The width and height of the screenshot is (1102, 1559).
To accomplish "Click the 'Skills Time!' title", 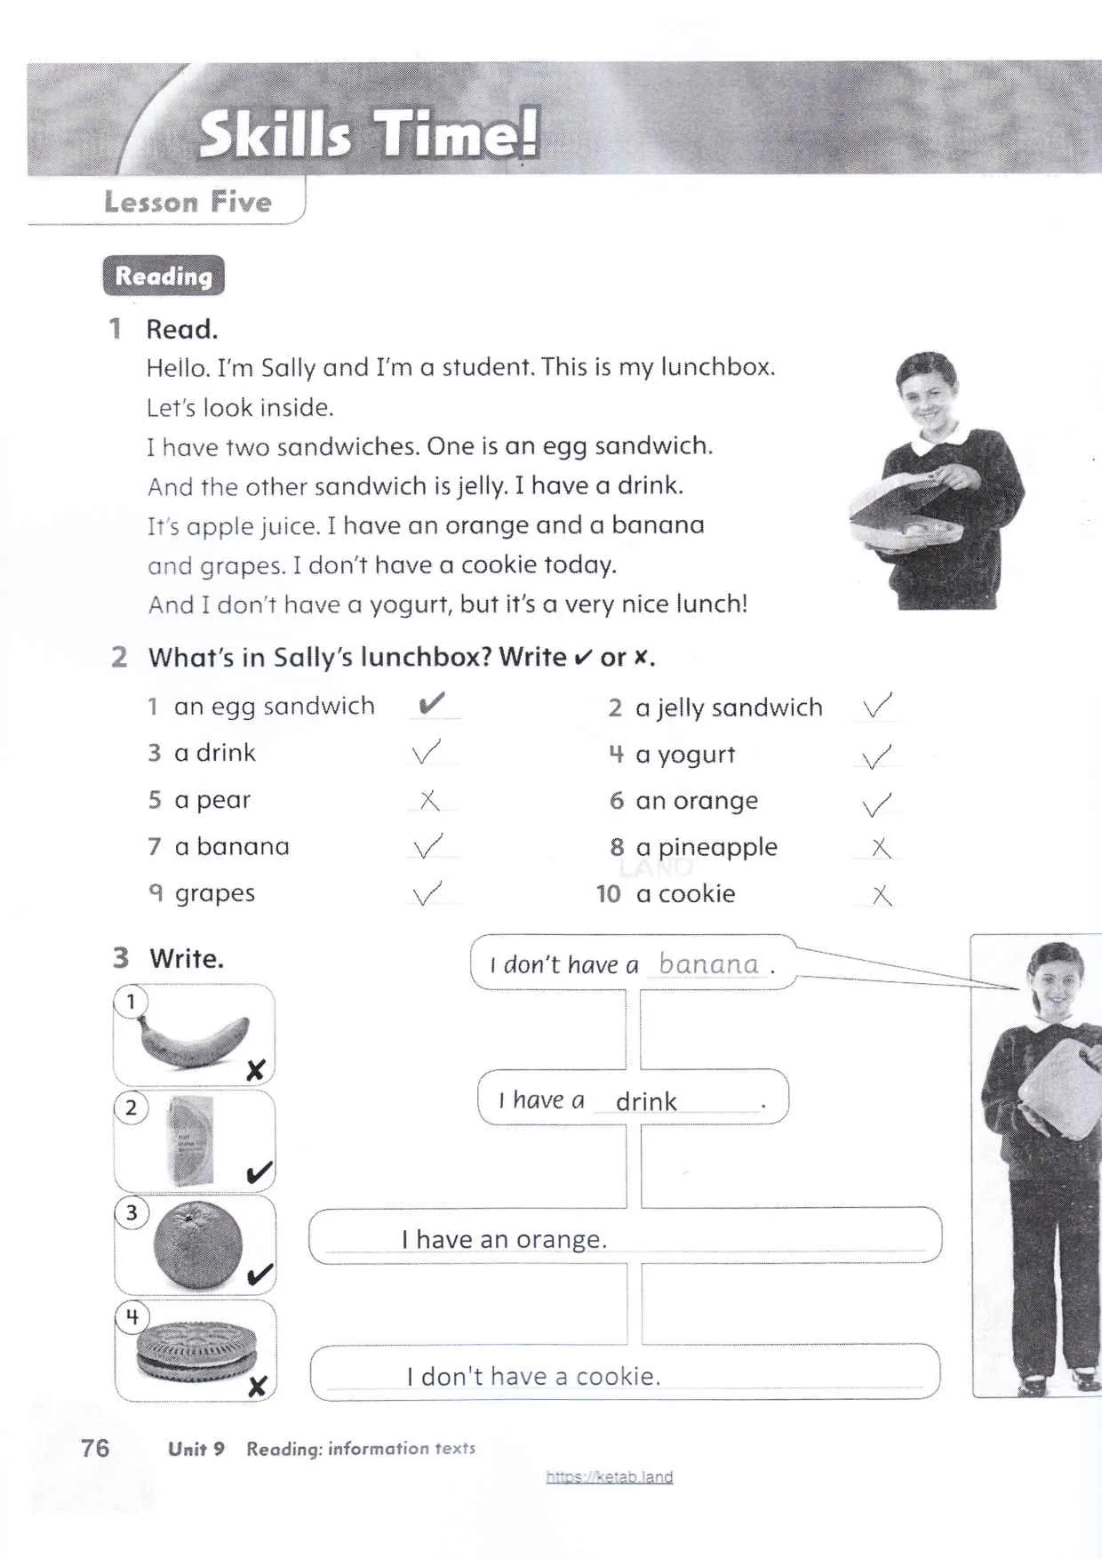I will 368,136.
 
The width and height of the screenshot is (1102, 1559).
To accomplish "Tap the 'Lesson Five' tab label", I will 188,202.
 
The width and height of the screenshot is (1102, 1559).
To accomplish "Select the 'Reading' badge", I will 164,276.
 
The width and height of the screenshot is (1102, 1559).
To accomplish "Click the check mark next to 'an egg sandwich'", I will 431,704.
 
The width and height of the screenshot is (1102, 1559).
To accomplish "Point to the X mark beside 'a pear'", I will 429,800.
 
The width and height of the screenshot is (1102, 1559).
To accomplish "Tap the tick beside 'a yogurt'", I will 876,756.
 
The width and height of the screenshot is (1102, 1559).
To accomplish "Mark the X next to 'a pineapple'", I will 880,847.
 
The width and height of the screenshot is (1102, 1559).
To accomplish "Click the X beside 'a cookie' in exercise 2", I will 882,894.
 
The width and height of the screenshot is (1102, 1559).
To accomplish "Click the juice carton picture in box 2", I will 191,1140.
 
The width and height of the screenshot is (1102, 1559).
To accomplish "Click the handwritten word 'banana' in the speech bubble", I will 708,963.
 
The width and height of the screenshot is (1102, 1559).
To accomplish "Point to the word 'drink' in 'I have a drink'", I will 646,1102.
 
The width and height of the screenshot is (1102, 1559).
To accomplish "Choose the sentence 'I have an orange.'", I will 504,1239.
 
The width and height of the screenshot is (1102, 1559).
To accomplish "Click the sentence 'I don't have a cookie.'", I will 533,1376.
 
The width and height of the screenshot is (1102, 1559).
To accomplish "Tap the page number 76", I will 95,1448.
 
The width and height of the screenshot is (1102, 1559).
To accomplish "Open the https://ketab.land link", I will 609,1476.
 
